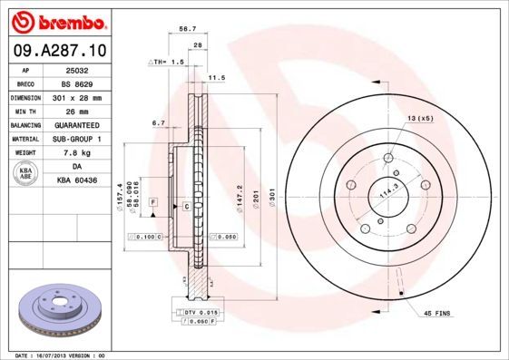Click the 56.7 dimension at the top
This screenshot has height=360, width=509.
point(188,29)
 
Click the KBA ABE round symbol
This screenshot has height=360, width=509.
point(26,173)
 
